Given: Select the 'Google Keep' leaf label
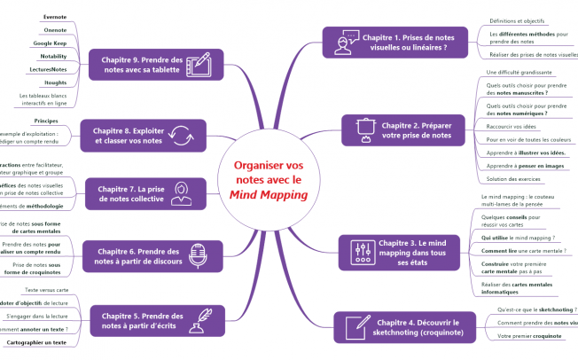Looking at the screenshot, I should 51,43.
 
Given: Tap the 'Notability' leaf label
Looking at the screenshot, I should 53,56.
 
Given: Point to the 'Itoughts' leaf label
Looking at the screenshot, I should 55,82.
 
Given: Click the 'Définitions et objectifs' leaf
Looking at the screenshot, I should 517,20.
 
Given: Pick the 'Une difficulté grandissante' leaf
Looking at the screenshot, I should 519,71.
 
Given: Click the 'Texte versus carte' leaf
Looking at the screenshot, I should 45,290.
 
